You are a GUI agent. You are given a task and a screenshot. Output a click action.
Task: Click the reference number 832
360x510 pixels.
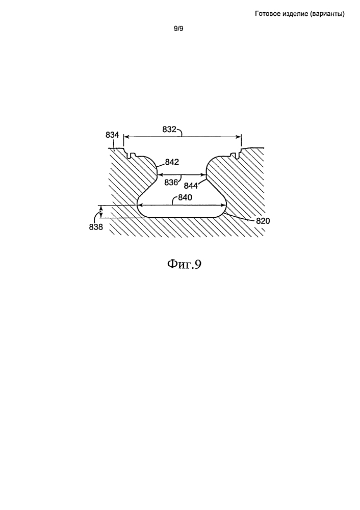point(169,130)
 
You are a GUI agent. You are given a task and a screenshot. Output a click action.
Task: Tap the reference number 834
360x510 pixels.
point(112,135)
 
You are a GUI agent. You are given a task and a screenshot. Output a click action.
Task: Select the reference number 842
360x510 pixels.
point(172,162)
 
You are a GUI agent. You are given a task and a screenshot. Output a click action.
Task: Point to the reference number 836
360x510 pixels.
point(171,183)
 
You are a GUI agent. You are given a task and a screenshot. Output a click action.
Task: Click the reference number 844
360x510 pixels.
point(191,186)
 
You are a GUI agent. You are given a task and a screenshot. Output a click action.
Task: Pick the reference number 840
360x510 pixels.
point(185,197)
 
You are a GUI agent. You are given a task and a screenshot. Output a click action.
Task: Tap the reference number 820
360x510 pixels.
point(263,221)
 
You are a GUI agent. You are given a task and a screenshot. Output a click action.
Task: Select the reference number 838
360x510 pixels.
point(96,227)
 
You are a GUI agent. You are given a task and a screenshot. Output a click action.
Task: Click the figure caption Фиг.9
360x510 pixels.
point(185,264)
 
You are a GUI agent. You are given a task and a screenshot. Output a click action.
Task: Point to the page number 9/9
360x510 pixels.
point(178,29)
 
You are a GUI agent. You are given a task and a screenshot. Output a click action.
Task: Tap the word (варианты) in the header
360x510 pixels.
point(327,14)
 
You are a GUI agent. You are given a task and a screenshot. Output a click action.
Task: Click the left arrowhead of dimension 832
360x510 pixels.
point(126,137)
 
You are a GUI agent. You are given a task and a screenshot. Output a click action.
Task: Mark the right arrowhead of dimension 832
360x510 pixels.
point(239,137)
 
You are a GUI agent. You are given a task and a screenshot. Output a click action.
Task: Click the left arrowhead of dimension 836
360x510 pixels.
point(160,174)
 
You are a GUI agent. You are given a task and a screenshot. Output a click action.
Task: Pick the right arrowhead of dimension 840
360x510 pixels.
point(223,205)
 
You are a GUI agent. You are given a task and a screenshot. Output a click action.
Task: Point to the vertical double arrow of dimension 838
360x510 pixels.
point(101,212)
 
